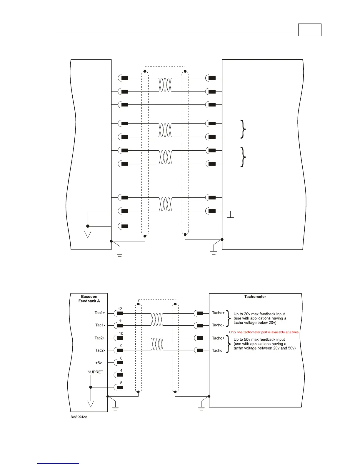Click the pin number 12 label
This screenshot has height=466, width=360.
tap(120, 309)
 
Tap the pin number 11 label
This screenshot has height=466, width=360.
tap(121, 321)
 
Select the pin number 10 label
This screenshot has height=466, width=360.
tap(121, 334)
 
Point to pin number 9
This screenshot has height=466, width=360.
tap(121, 346)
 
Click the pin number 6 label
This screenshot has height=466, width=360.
tap(121, 358)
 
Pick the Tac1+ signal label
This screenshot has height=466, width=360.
tap(100, 313)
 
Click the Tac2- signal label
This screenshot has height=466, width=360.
tap(100, 350)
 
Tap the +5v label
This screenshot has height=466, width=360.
tap(98, 363)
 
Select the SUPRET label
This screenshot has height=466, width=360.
tap(95, 372)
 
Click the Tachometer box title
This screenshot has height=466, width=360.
tap(255, 297)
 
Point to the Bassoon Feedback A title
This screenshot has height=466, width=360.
tap(89, 299)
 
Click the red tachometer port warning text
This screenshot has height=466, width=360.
tap(264, 332)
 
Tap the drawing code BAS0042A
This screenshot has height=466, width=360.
tap(79, 417)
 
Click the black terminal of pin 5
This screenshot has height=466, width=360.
tap(120, 387)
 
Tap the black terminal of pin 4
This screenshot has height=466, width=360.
tap(120, 375)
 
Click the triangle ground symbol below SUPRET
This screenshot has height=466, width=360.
tap(91, 404)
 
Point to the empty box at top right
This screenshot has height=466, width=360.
tap(309, 30)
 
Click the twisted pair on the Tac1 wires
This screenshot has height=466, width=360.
tap(157, 319)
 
